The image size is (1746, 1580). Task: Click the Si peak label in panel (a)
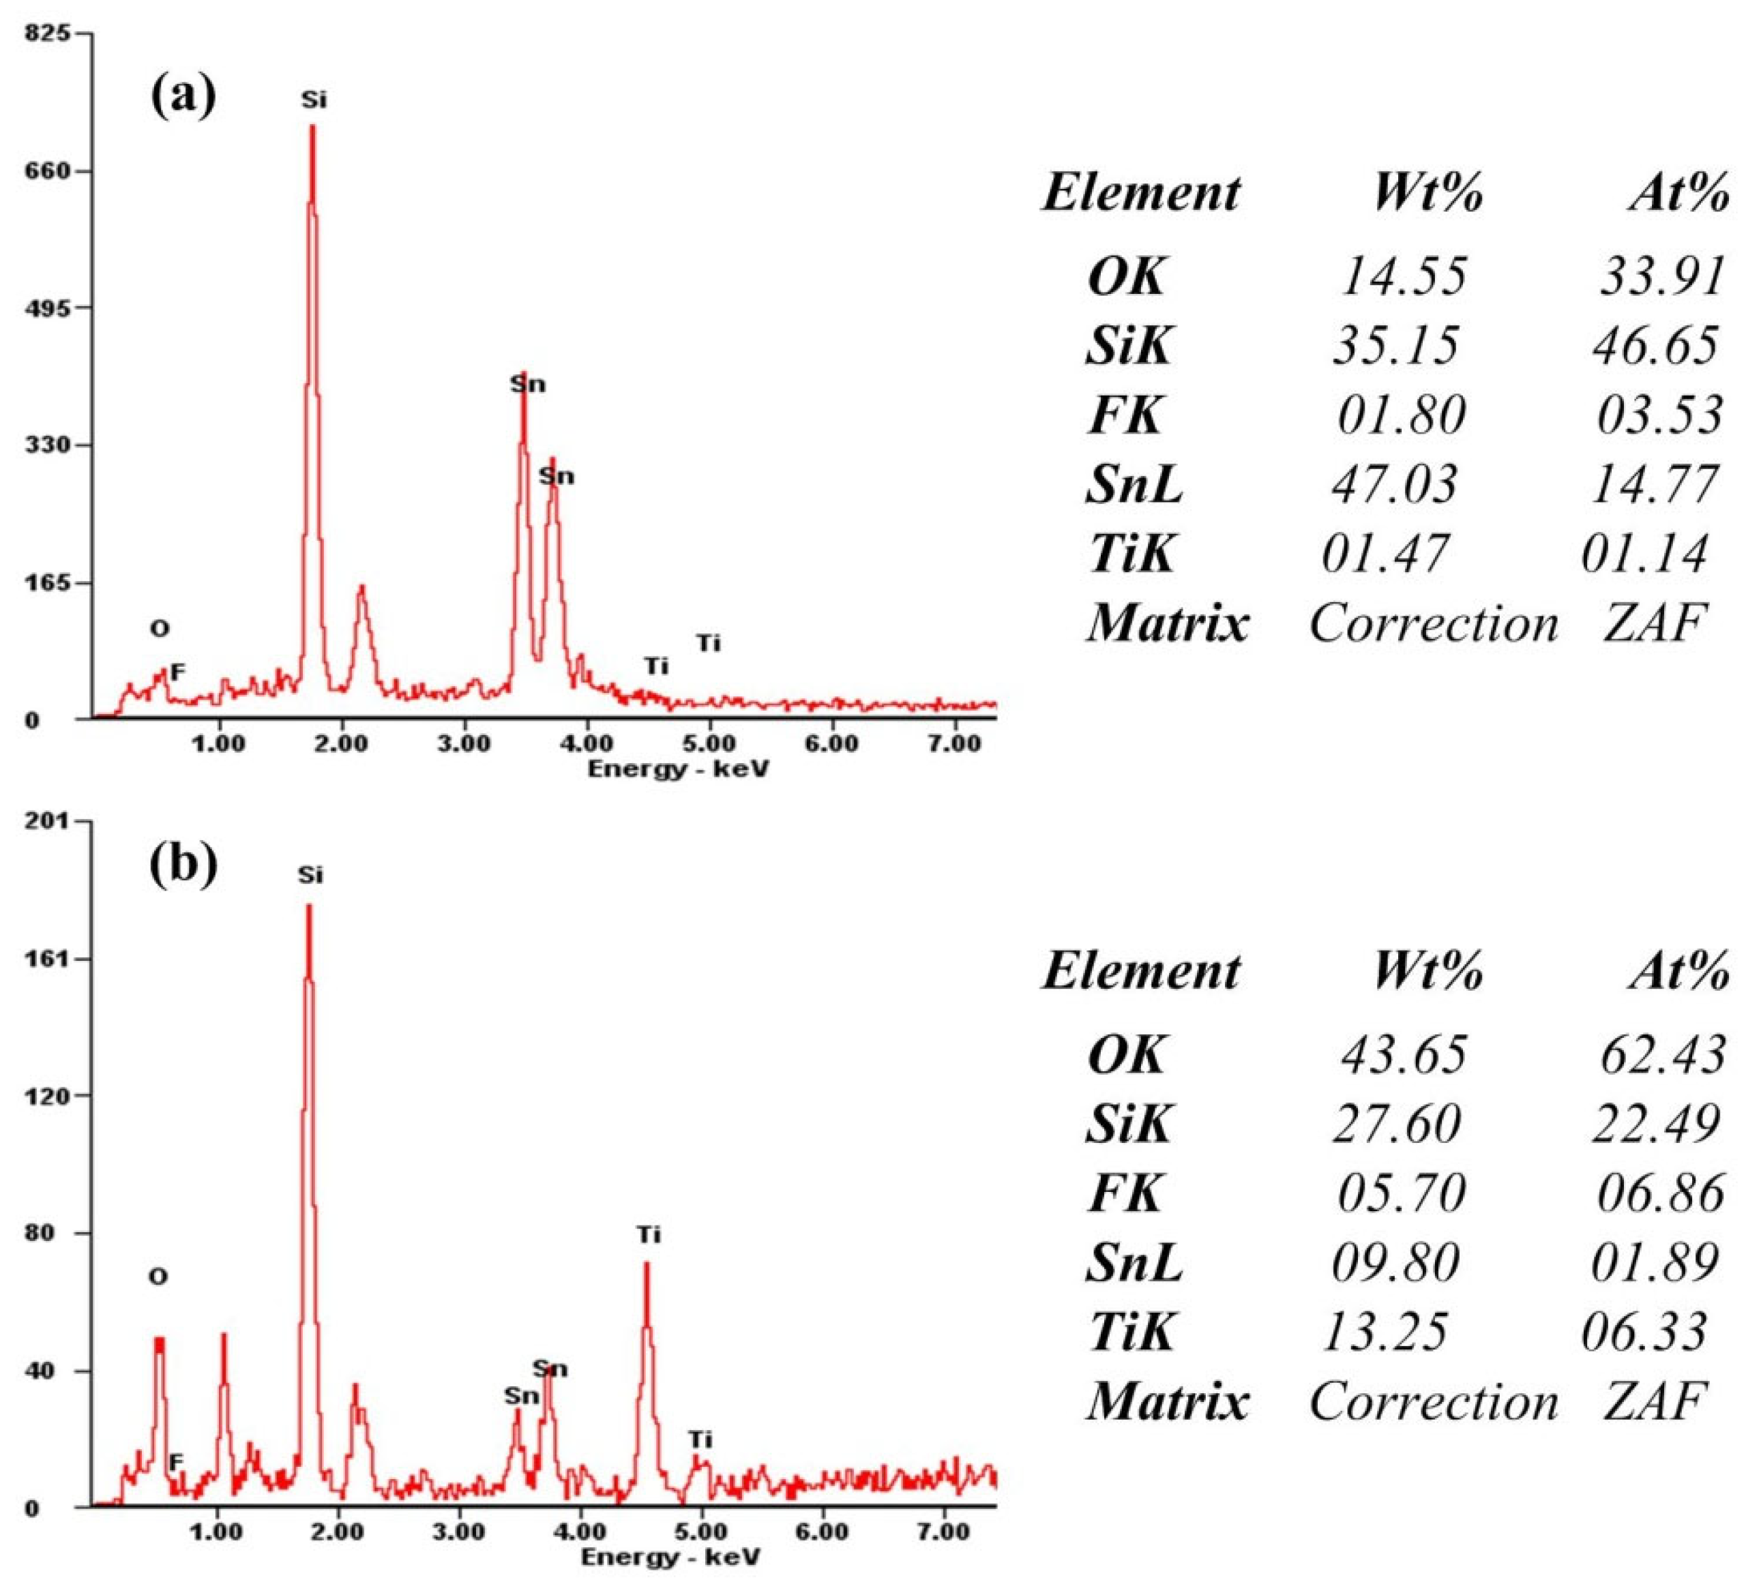[x=314, y=100]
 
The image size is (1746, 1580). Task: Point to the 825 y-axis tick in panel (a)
[x=48, y=34]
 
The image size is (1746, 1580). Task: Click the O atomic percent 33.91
[x=1662, y=277]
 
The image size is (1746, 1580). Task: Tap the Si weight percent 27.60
[x=1396, y=1124]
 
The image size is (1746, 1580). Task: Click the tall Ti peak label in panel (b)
[x=648, y=1234]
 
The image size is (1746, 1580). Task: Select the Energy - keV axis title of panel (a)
[x=677, y=768]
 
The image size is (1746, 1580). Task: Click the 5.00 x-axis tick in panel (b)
[x=700, y=1532]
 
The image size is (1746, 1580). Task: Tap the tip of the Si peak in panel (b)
[x=308, y=906]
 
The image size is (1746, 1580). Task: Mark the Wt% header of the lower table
[x=1427, y=970]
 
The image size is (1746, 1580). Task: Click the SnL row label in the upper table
[x=1134, y=484]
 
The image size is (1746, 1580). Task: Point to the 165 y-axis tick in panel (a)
[x=48, y=582]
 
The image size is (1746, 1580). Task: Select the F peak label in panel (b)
[x=176, y=1462]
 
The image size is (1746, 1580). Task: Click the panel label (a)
[x=183, y=94]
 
